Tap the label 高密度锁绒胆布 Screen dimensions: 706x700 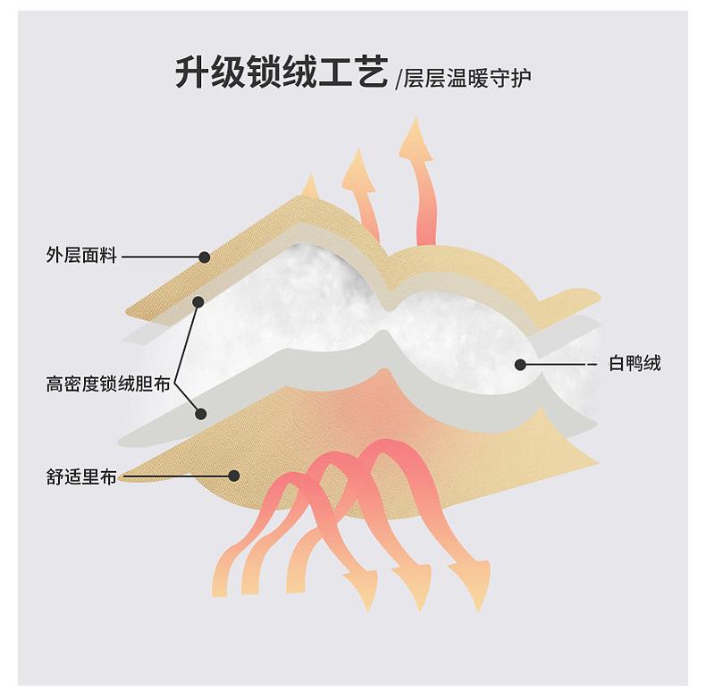[x=107, y=385]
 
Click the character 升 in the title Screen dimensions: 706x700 [x=193, y=72]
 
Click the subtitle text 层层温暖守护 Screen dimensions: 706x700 [x=466, y=78]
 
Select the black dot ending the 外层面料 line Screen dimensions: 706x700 [x=205, y=257]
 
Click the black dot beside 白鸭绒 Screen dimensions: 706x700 [x=519, y=364]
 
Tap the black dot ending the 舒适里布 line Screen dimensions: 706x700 [x=234, y=477]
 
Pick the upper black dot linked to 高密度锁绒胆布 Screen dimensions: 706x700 [x=198, y=302]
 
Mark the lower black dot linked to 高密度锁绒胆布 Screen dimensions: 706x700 [x=201, y=413]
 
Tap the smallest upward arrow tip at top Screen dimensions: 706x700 [x=310, y=184]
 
